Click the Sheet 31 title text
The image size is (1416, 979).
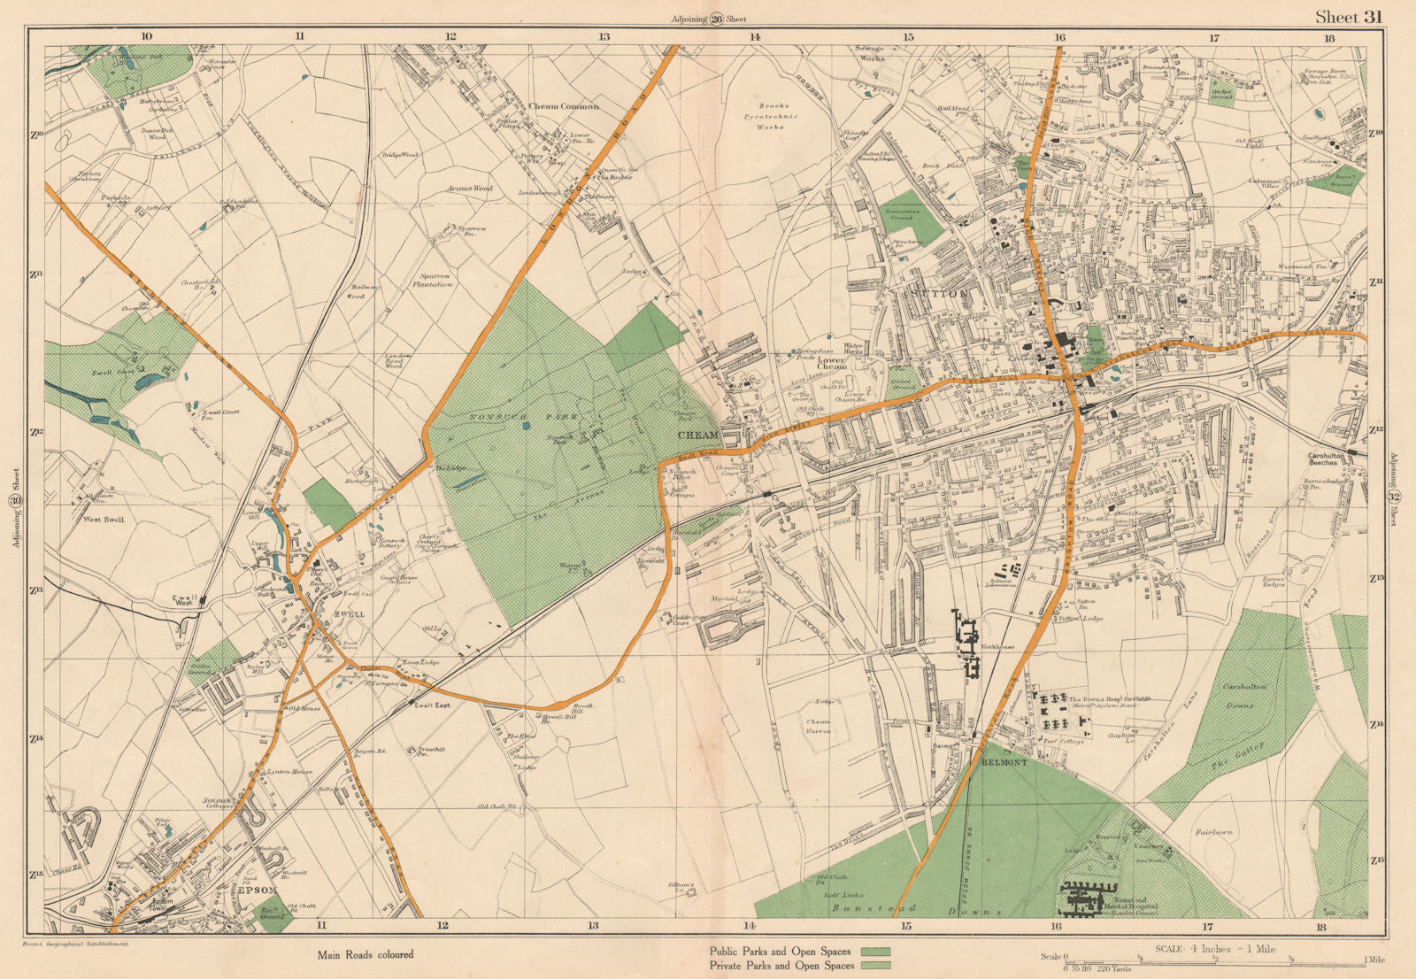(x=1347, y=16)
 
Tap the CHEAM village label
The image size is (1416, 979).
(x=698, y=436)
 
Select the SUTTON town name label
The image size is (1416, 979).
(x=939, y=292)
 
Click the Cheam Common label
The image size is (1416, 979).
(x=564, y=106)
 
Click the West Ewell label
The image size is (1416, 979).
(x=104, y=520)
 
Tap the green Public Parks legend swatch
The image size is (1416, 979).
(x=874, y=952)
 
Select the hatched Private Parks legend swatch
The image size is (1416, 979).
(x=874, y=966)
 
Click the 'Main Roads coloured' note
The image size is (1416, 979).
(x=366, y=955)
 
